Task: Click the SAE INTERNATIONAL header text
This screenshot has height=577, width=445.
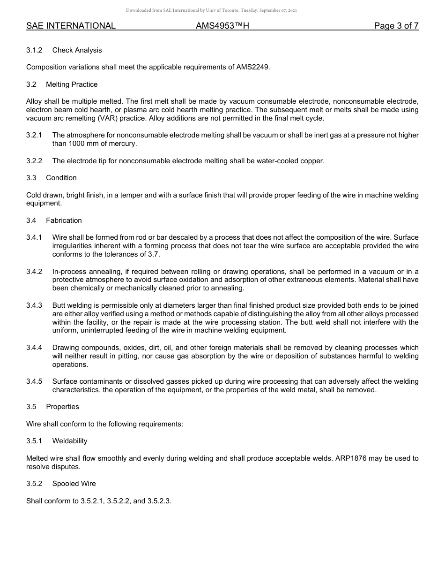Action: [71, 26]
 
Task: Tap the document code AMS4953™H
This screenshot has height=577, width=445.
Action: [222, 26]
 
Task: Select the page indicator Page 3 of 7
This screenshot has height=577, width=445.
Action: [396, 26]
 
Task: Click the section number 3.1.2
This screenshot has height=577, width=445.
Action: [34, 50]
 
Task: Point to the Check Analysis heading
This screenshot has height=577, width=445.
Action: [77, 50]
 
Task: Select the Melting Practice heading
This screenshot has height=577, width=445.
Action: [72, 84]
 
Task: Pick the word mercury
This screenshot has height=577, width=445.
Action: [122, 144]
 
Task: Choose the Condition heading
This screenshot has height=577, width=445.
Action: [61, 178]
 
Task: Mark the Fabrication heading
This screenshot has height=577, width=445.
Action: [64, 220]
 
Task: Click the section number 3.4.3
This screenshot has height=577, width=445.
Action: [34, 305]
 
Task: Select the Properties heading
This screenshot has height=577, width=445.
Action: [62, 407]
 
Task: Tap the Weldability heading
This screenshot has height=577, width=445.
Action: [70, 441]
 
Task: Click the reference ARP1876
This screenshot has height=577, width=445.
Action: [351, 458]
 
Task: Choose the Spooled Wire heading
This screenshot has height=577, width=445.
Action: [74, 484]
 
